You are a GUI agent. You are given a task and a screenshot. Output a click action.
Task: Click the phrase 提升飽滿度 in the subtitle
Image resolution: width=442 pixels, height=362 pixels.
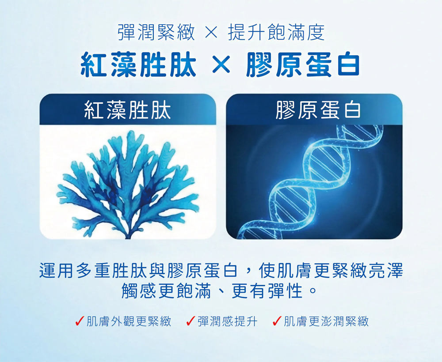276,33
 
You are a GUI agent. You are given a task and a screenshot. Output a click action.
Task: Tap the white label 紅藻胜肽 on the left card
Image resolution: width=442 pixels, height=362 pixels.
128,110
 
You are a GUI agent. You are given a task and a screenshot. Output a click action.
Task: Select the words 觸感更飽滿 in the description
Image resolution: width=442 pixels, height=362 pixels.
166,291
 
